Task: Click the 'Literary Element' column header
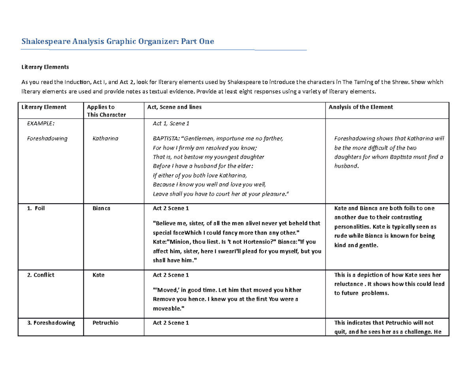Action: pyautogui.click(x=44, y=107)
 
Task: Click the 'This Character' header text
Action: pyautogui.click(x=106, y=114)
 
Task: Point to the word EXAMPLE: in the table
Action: pyautogui.click(x=41, y=123)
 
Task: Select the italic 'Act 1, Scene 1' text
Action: pyautogui.click(x=171, y=124)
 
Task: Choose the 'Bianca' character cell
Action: pyautogui.click(x=101, y=208)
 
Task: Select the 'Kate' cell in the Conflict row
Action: pyautogui.click(x=98, y=275)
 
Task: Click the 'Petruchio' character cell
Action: pyautogui.click(x=105, y=323)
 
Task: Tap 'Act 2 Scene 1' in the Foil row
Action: pyautogui.click(x=171, y=208)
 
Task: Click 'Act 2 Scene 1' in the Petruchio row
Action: pyautogui.click(x=171, y=323)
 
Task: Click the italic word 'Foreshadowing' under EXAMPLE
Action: pyautogui.click(x=47, y=139)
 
